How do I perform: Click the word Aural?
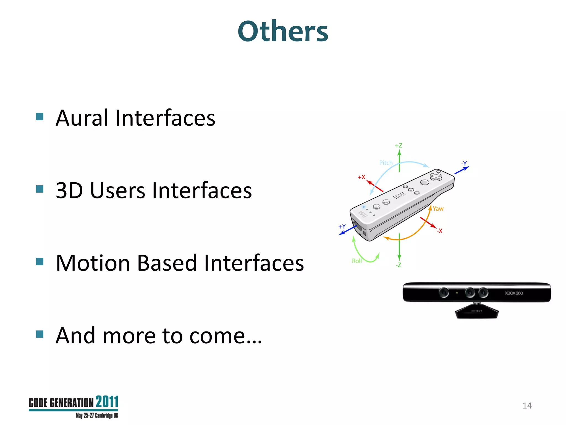pyautogui.click(x=82, y=118)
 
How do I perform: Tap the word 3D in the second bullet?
pyautogui.click(x=69, y=191)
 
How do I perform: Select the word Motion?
pyautogui.click(x=93, y=263)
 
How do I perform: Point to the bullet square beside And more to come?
pyautogui.click(x=40, y=334)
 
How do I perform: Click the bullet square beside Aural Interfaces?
pyautogui.click(x=40, y=116)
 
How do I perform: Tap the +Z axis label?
pyautogui.click(x=399, y=146)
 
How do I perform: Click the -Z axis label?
pyautogui.click(x=398, y=265)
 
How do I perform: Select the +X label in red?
pyautogui.click(x=361, y=177)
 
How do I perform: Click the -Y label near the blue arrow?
pyautogui.click(x=464, y=163)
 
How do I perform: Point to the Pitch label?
pyautogui.click(x=386, y=163)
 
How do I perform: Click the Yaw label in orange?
pyautogui.click(x=438, y=209)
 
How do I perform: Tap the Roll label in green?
pyautogui.click(x=357, y=261)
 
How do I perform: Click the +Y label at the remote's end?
pyautogui.click(x=342, y=226)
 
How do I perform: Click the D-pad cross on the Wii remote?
pyautogui.click(x=436, y=177)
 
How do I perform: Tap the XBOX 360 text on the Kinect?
pyautogui.click(x=514, y=293)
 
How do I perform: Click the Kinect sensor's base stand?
pyautogui.click(x=477, y=312)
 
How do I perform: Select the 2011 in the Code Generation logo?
pyautogui.click(x=107, y=402)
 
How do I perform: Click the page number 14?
pyautogui.click(x=527, y=406)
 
